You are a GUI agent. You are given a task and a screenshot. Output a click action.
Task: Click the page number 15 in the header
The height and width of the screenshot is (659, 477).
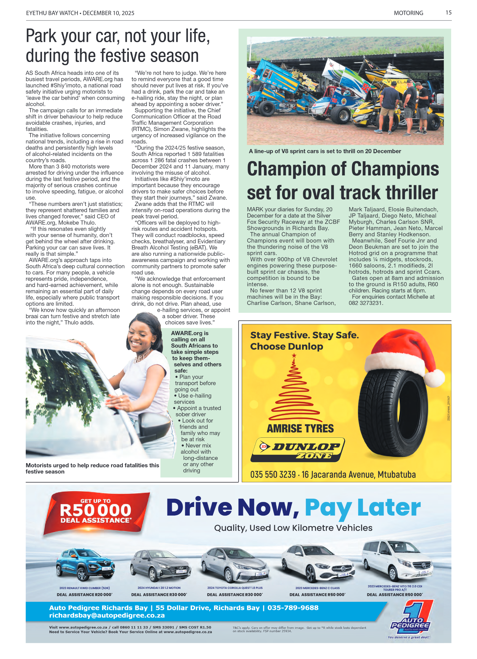448,12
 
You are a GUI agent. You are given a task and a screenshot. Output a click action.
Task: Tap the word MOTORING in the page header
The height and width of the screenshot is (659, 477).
408,13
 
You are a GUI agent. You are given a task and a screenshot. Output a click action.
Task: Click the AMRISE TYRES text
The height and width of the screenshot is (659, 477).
300,428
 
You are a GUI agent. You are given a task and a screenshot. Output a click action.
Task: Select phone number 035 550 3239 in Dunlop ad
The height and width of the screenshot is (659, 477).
273,475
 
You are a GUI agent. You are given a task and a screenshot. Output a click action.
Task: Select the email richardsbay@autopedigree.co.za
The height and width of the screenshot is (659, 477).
107,615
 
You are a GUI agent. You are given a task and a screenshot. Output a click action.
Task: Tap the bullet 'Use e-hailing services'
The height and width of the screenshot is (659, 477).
193,399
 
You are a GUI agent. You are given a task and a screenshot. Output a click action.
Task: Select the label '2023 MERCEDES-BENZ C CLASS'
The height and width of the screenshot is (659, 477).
317,588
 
